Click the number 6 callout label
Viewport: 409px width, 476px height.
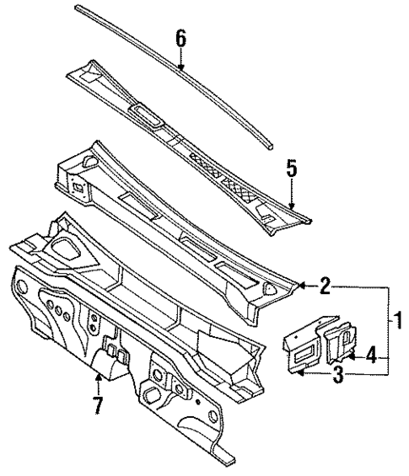pos(180,38)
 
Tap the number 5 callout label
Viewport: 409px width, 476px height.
pos(291,169)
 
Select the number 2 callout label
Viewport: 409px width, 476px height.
pos(325,287)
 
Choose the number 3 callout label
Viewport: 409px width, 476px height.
pos(337,375)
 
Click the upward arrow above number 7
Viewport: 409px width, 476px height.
pos(99,380)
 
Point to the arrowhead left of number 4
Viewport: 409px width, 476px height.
pos(352,356)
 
